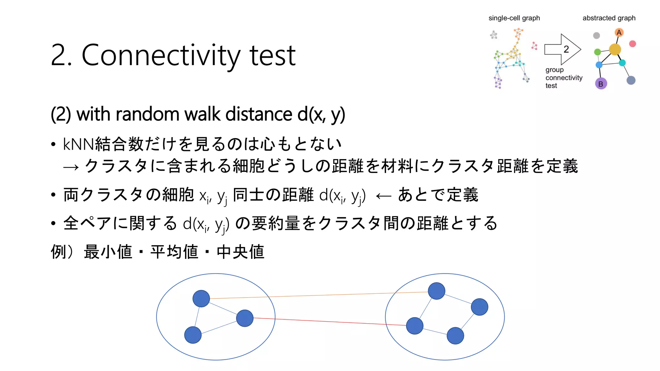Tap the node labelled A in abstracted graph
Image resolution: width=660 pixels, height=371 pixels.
point(619,33)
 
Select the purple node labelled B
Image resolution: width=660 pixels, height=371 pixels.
point(601,84)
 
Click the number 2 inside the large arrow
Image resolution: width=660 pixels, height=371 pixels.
point(566,49)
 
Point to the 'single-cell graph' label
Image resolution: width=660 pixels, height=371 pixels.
point(514,18)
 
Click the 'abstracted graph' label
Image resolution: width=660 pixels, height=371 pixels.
point(609,18)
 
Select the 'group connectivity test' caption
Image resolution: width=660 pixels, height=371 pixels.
point(563,78)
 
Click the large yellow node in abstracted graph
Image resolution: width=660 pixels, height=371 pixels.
point(615,50)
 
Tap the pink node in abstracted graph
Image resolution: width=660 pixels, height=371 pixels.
point(632,44)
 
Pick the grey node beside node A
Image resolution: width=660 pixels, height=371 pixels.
point(597,35)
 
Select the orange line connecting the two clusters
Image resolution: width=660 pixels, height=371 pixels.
point(319,295)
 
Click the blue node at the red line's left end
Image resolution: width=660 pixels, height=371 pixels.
point(245,318)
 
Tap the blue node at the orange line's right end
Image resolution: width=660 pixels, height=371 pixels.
point(436,291)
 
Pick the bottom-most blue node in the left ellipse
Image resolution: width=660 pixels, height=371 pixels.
point(193,335)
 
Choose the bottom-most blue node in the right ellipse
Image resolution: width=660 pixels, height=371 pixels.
point(455,336)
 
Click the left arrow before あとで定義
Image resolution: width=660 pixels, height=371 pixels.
point(383,196)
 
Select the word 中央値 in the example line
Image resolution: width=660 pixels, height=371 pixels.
point(240,252)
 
